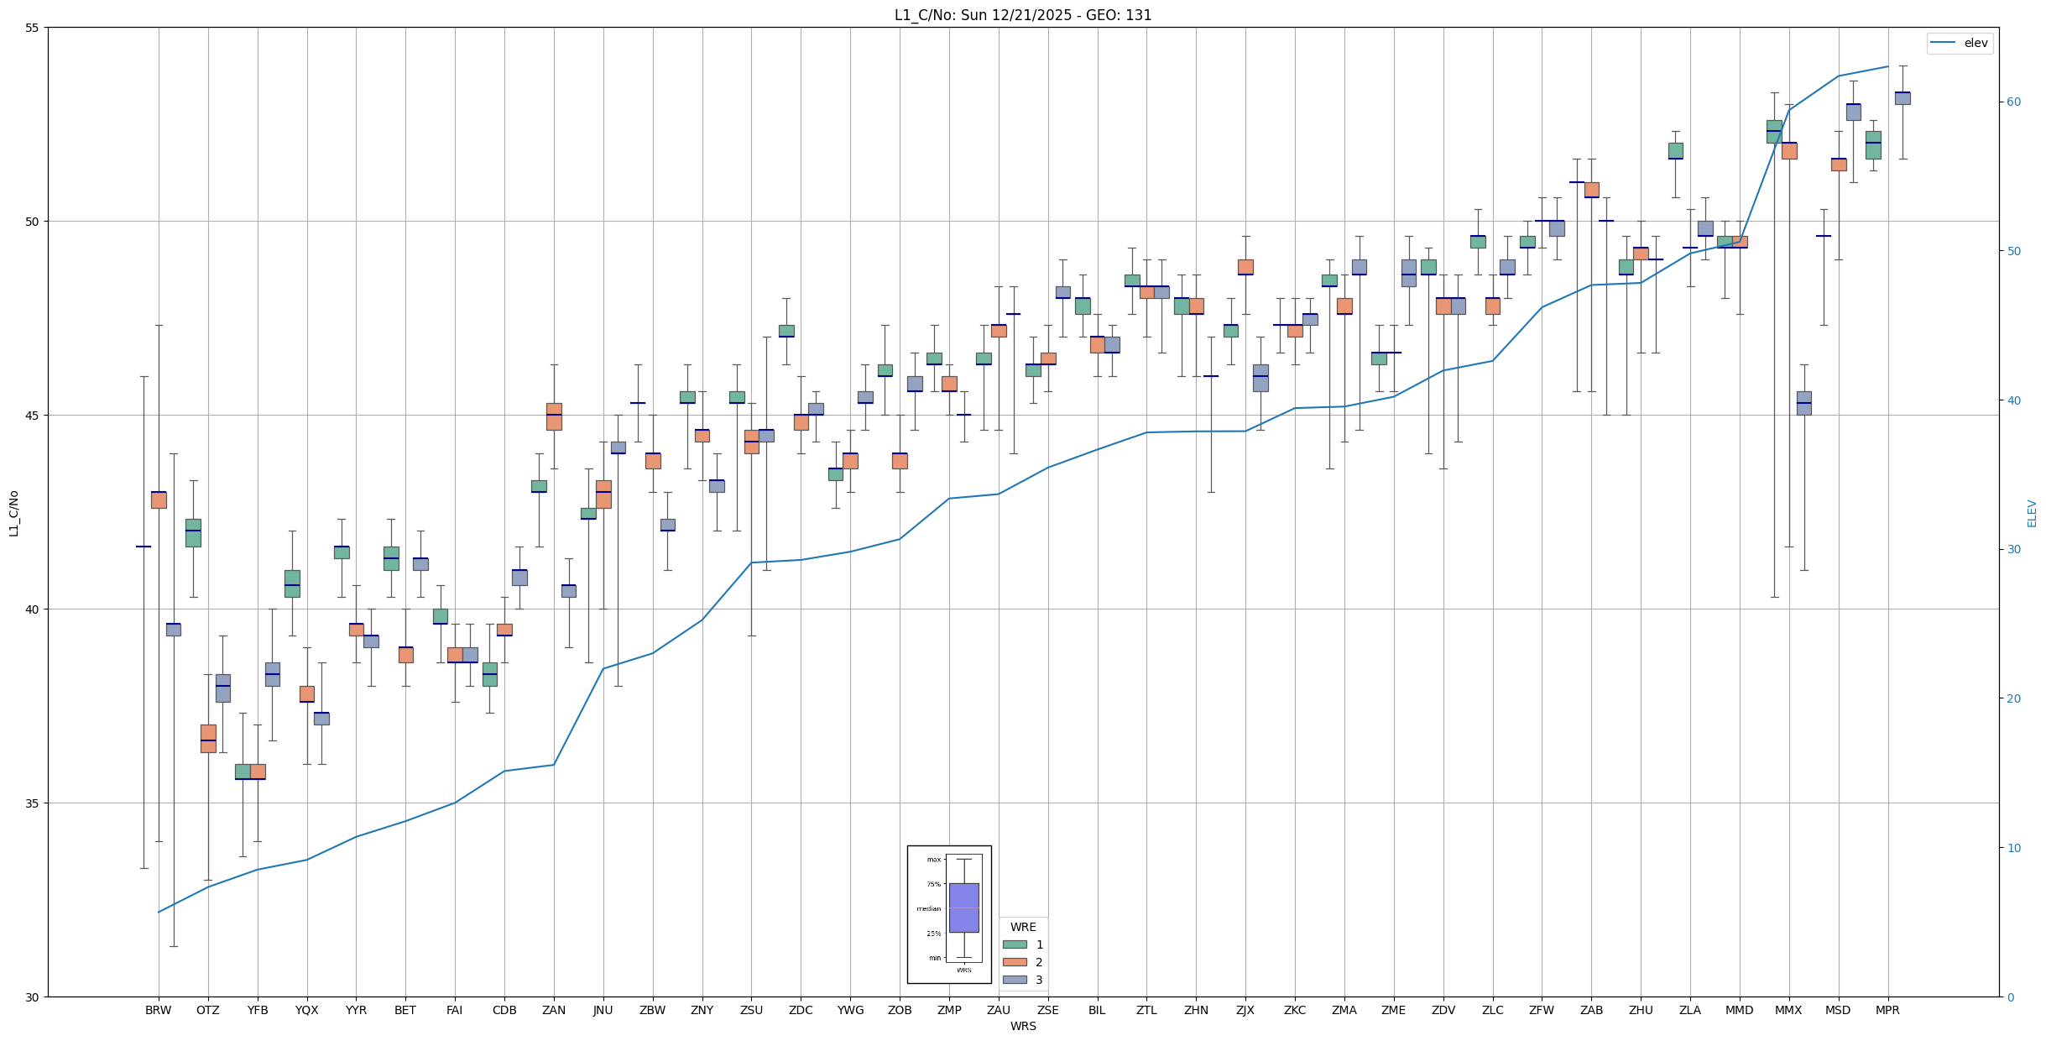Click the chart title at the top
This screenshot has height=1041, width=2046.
pos(1023,15)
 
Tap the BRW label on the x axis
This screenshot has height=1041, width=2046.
pos(158,1010)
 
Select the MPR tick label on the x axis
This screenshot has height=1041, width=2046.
pos(1887,1010)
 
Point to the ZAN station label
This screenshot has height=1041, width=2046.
pos(554,1010)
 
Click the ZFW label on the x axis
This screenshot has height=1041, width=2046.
pos(1542,1010)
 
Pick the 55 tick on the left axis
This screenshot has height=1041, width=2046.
pos(34,28)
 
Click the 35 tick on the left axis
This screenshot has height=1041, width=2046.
pos(34,803)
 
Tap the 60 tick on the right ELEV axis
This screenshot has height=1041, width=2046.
pos(2013,102)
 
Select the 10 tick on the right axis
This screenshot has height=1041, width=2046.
pos(2013,848)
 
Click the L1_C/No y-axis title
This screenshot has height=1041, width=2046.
pos(13,513)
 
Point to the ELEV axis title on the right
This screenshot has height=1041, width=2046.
pos(2032,513)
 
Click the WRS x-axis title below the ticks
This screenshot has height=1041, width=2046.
pos(1023,1026)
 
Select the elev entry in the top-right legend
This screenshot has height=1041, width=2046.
pos(1976,43)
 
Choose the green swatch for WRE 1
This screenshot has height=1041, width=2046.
pos(1015,944)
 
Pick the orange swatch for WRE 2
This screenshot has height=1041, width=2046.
pos(1015,962)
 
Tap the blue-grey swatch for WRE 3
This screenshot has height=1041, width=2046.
pos(1015,980)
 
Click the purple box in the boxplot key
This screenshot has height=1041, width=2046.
pos(963,908)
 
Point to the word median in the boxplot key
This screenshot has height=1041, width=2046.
pos(928,908)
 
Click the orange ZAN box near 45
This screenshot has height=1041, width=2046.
pos(554,416)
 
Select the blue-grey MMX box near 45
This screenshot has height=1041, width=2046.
pos(1803,403)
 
